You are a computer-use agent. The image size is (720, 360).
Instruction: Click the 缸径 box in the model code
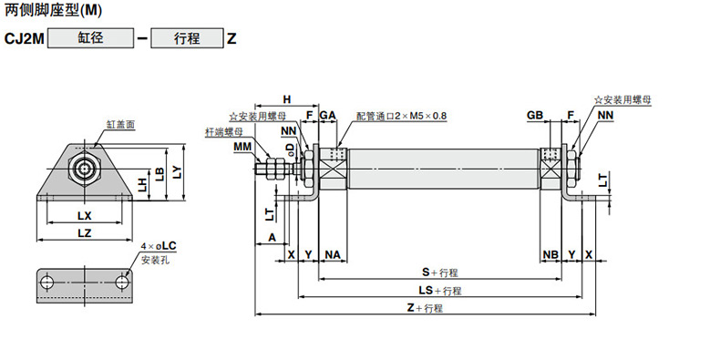90,38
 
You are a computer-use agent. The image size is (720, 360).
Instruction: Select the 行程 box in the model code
187,38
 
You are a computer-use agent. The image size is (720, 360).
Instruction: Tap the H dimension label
287,99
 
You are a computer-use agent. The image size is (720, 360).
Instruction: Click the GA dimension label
327,115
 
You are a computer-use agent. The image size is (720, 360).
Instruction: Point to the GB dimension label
535,115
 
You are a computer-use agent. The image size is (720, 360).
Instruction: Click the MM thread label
242,147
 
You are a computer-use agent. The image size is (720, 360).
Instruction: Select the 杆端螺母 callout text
223,133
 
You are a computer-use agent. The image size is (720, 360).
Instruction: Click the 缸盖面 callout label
121,124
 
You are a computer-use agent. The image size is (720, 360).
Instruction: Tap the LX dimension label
85,215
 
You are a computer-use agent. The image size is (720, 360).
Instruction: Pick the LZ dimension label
85,233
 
